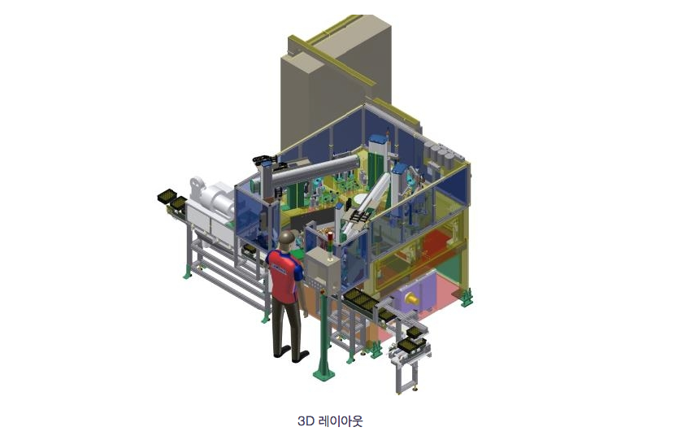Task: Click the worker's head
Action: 286,240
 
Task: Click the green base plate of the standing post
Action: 324,373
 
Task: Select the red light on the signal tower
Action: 330,236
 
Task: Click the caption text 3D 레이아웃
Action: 330,420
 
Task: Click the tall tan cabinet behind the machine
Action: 335,81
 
